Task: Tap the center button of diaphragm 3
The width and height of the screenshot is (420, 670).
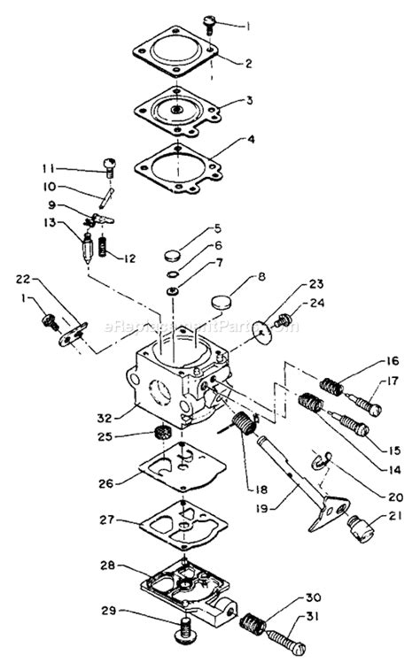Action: [179, 111]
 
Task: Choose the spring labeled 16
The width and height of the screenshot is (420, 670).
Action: [330, 385]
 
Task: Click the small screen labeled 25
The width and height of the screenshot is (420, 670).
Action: [162, 435]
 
